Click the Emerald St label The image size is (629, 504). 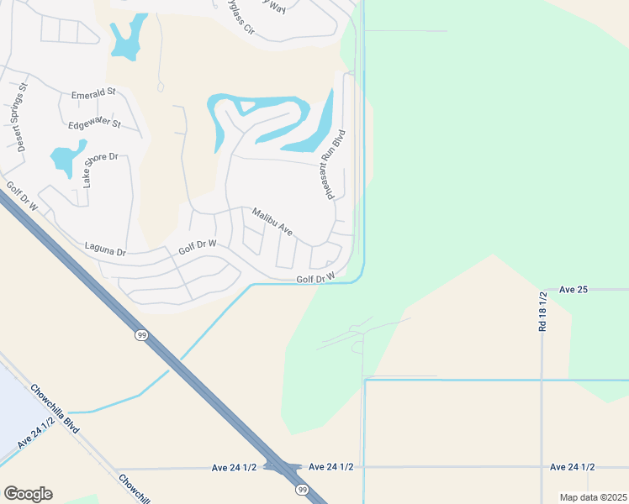93,95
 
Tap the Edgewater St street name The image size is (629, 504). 94,124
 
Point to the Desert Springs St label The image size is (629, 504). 20,116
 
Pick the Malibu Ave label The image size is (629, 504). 272,221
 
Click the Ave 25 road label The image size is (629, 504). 573,290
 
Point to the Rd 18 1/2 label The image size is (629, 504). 543,312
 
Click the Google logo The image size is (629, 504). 28,494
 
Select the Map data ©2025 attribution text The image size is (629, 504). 593,497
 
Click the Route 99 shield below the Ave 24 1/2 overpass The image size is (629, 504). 300,489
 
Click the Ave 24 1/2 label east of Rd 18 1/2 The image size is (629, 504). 572,467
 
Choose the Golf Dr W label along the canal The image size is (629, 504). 315,278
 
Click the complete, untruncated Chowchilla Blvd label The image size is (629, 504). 55,409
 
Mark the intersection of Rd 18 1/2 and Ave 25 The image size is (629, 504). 542,290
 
